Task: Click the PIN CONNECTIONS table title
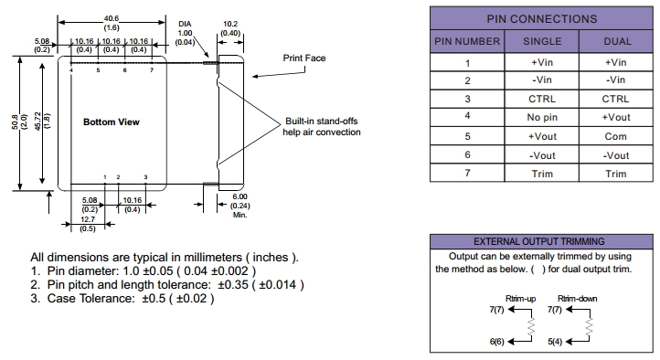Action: tap(542, 19)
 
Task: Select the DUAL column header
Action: tap(617, 41)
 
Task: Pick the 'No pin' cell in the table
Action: tap(542, 117)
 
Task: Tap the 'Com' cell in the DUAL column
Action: tap(615, 136)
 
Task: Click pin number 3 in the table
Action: tap(467, 99)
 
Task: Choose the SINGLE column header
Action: tap(542, 41)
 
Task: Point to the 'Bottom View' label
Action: tap(112, 122)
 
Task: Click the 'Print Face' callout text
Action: tap(303, 58)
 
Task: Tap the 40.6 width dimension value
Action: tap(112, 18)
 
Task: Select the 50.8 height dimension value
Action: tap(16, 122)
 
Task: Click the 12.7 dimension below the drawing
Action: tap(88, 219)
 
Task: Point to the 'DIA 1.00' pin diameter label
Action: tap(185, 28)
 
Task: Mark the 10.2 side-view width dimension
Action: tap(230, 24)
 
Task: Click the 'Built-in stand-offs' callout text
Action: tap(322, 122)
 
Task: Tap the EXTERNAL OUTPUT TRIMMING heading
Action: tap(539, 241)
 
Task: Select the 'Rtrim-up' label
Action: tap(521, 299)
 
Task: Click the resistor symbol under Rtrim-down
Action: tap(590, 326)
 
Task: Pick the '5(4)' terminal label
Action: tap(555, 342)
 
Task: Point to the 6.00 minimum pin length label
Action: tap(240, 196)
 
